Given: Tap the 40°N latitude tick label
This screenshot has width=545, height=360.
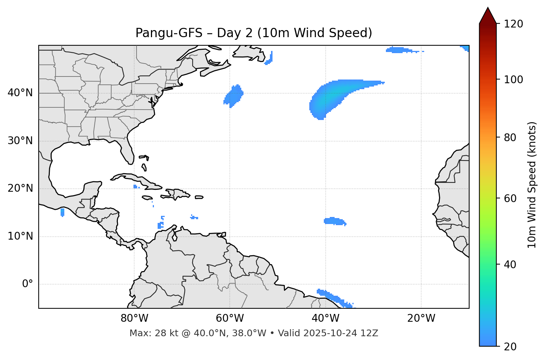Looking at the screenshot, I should tap(20, 93).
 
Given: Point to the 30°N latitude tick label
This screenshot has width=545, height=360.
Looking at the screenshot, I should tap(20, 141).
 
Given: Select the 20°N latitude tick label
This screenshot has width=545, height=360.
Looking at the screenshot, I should tap(20, 188).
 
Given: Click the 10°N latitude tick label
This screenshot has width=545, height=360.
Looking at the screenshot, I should tap(20, 236).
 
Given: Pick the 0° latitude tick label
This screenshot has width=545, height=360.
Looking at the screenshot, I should tap(27, 284).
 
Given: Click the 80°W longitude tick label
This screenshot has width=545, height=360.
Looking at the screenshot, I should tap(134, 318).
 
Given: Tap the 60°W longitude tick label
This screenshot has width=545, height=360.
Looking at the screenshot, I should tap(230, 318).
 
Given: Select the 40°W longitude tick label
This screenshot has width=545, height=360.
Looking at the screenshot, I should tap(325, 318).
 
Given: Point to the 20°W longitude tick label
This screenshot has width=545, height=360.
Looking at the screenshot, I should tap(421, 318).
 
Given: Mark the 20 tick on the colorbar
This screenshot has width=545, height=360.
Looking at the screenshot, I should tap(510, 347).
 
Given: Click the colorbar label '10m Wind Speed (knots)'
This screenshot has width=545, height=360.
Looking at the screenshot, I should tap(532, 185).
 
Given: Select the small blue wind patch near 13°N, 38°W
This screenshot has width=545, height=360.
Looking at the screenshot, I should tap(334, 221).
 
